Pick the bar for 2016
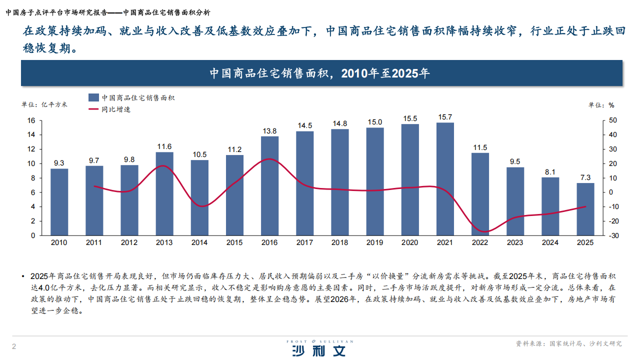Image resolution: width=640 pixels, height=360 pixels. pos(270,185)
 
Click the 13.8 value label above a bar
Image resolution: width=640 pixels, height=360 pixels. pos(270,131)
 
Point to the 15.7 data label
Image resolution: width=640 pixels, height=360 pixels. pos(445,117)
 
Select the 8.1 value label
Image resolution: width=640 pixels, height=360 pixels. pos(550,172)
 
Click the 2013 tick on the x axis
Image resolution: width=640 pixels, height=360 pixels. pos(164,242)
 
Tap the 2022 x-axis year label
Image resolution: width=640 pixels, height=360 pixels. pos(480,242)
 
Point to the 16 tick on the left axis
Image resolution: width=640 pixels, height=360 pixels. pos(31,120)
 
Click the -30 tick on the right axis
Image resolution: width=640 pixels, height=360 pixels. pos(613,235)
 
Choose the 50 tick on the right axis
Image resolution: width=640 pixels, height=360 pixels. pos(612,120)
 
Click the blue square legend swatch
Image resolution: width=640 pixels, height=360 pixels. pos(93,98)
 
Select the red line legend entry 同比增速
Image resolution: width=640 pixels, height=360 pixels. pos(115,109)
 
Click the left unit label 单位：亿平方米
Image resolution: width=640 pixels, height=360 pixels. pos(44,104)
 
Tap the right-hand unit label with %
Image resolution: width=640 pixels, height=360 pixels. pos(601,105)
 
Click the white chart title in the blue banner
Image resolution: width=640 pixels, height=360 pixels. pos(320,73)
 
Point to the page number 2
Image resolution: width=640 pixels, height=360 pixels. pos(14,346)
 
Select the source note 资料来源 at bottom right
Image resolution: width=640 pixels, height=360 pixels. pos(569,344)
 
